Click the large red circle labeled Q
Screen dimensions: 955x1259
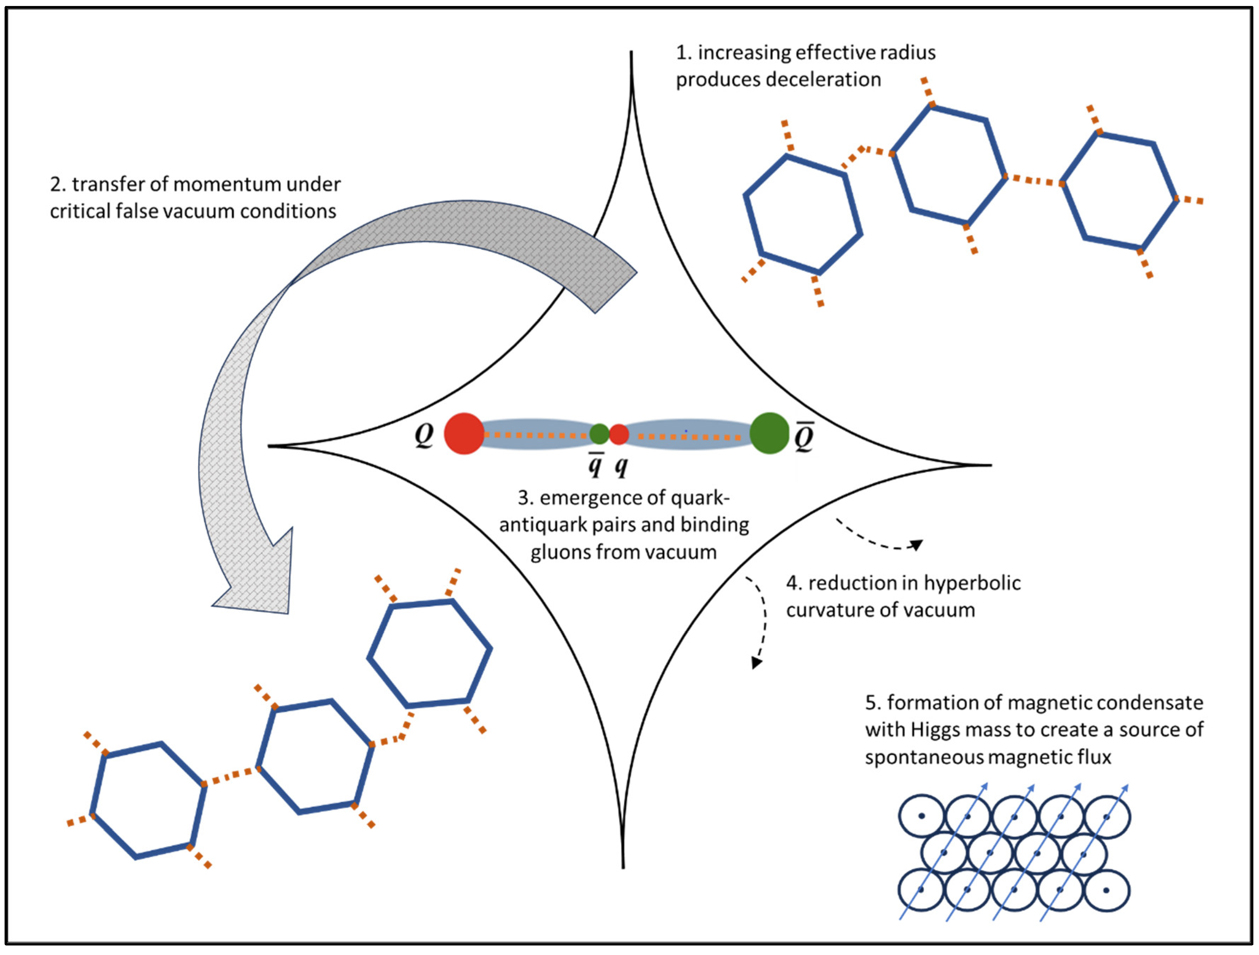[x=464, y=434]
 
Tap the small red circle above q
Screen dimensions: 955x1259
[x=619, y=434]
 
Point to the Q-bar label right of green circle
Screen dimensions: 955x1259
[x=804, y=437]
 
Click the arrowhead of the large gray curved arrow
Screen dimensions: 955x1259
[x=256, y=586]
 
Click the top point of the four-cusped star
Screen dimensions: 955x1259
[x=631, y=54]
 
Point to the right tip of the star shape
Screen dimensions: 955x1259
[x=989, y=465]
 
